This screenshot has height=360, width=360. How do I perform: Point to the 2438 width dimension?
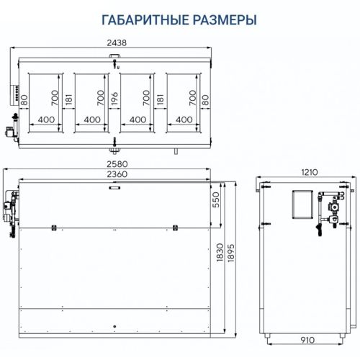pos(115,42)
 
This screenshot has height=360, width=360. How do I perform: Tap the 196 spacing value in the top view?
pos(114,98)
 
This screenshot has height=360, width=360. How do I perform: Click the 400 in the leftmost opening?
pos(46,120)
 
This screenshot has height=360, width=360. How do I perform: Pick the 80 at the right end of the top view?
pos(205,99)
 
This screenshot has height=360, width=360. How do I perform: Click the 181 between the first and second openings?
pos(68,99)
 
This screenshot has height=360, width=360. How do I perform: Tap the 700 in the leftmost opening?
pos(54,97)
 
